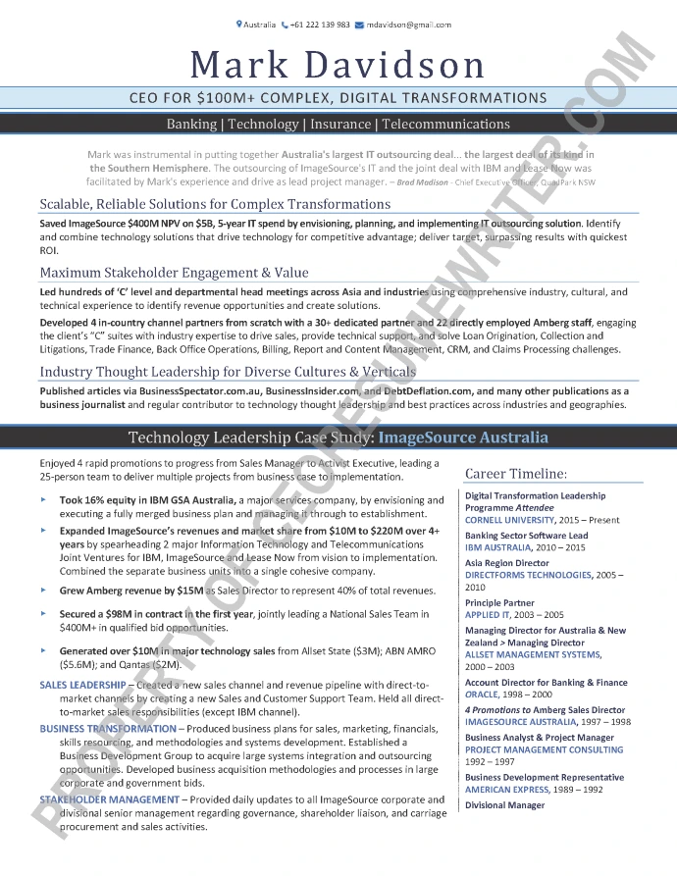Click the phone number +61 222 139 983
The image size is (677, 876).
[321, 25]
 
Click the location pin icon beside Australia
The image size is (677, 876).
[239, 25]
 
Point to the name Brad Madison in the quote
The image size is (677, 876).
[424, 182]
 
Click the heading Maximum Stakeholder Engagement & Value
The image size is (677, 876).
[174, 273]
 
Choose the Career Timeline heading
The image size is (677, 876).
[516, 474]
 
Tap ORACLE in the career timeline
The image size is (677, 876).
[482, 694]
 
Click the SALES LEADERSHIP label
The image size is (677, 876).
[82, 685]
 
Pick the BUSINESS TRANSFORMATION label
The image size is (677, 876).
[108, 729]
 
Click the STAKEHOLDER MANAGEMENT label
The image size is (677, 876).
[110, 800]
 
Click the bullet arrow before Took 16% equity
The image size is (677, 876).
[44, 500]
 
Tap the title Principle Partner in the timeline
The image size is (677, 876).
[499, 603]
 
